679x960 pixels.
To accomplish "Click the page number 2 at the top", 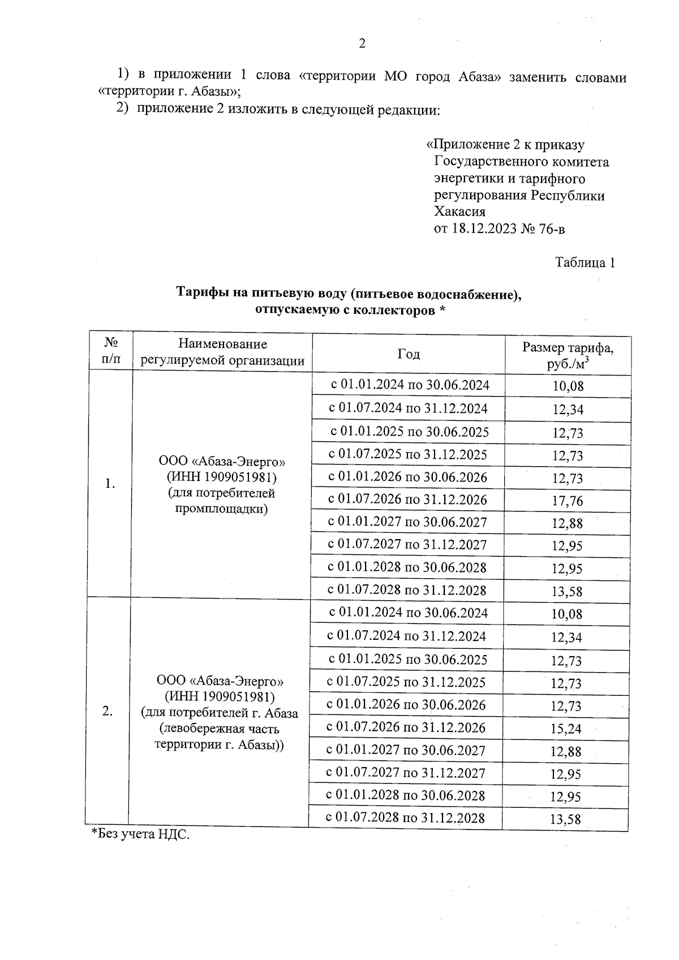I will pos(362,44).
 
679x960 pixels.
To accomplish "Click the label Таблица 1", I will pos(585,262).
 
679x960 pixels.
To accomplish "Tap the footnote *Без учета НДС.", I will pos(140,834).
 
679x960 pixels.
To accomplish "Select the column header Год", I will pos(408,354).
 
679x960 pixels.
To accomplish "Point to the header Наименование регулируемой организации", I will pos(222,352).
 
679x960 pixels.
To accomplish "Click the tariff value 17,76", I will pos(568,501).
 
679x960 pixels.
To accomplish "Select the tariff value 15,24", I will pos(566,729).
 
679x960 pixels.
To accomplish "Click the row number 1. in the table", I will pos(110,484).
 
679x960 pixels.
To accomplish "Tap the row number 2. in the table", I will pos(108,712).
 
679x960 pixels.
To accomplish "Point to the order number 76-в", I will pos(552,229).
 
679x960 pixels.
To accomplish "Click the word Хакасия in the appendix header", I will pos(459,212).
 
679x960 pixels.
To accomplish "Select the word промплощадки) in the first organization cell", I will pos(221,509).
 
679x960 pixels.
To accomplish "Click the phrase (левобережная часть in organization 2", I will pos(220,729).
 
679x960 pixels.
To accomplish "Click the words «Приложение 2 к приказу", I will pos(505,145).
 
